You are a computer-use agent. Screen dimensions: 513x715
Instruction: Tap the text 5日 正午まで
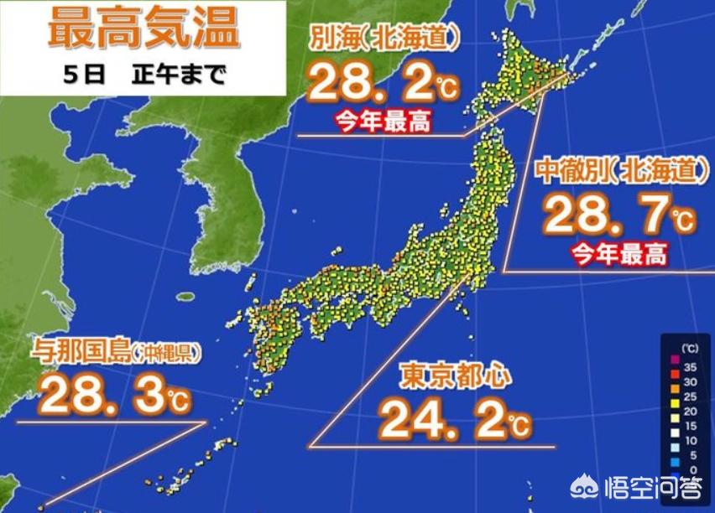(144, 75)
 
